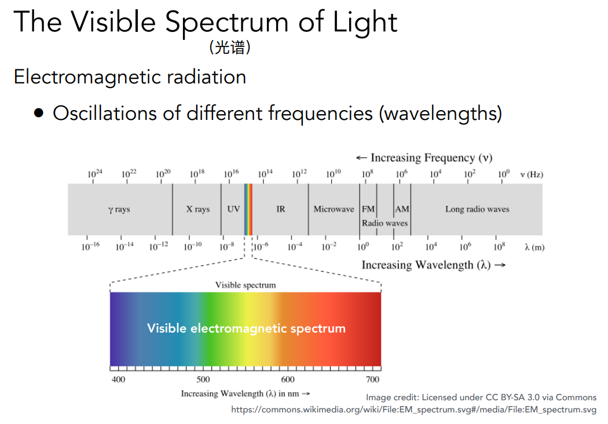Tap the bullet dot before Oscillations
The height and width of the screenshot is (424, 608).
coord(39,113)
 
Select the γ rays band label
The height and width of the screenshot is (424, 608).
coord(119,209)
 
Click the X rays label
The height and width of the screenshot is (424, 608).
coord(197,209)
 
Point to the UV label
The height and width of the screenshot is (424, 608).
coord(233,209)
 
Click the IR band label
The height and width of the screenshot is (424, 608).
coord(281,209)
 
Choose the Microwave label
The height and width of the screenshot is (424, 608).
coord(334,209)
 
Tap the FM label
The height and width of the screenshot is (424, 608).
coord(368,209)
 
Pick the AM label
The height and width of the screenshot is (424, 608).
coord(402,209)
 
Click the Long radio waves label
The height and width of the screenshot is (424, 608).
coord(477,209)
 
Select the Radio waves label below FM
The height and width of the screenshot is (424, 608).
coord(384,223)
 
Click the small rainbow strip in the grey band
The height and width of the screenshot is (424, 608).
coord(248,209)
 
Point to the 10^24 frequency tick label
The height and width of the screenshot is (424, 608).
coord(95,174)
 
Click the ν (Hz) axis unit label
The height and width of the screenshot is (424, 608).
coord(532,174)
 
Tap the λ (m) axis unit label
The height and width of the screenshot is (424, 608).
coord(534,247)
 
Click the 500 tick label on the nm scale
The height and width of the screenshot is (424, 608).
coord(203,379)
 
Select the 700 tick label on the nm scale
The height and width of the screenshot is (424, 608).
coord(373,379)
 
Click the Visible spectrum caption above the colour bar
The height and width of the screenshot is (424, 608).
coord(246,285)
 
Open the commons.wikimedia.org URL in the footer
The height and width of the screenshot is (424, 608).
coord(413,410)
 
